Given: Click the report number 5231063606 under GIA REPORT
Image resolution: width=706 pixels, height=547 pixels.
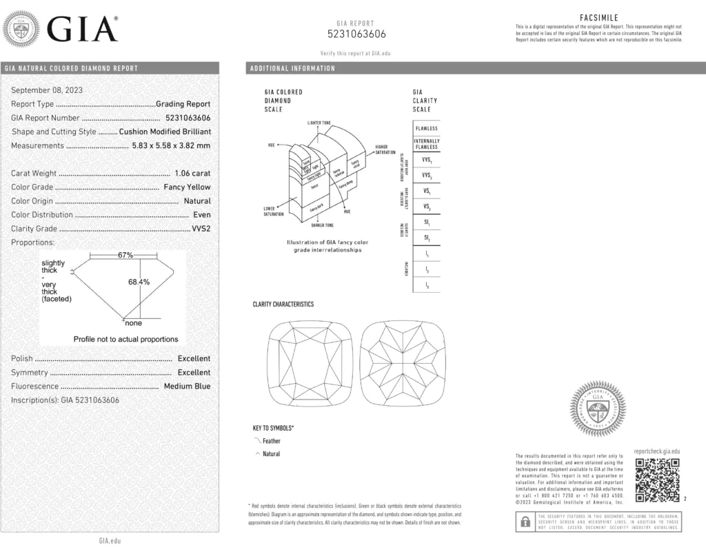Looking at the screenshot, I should click(356, 34).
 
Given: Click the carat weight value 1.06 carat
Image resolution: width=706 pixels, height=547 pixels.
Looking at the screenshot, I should click(190, 174).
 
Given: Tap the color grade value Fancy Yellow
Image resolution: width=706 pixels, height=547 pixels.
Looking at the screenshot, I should click(187, 187).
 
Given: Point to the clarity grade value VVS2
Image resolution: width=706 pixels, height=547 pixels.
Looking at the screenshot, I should click(201, 229).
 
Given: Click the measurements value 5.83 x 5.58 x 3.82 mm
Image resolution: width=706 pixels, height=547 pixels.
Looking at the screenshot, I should click(171, 145).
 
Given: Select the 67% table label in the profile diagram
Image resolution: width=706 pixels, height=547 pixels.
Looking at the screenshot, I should click(125, 255).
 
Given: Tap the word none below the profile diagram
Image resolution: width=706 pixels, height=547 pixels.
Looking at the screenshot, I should click(133, 322).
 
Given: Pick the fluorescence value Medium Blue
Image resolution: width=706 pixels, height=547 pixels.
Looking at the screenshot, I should click(187, 386).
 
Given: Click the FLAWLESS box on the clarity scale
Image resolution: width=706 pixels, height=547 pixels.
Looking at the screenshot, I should click(426, 129).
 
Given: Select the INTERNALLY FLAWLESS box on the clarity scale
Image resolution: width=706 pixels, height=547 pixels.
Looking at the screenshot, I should click(426, 144).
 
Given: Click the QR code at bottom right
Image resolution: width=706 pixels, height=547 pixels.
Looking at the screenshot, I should click(657, 480).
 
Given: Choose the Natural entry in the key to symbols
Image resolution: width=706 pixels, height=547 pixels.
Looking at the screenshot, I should click(272, 454).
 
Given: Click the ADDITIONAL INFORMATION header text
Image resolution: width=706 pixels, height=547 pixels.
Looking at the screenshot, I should click(293, 68).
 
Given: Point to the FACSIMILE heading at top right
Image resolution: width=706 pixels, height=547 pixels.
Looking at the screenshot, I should click(599, 18).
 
